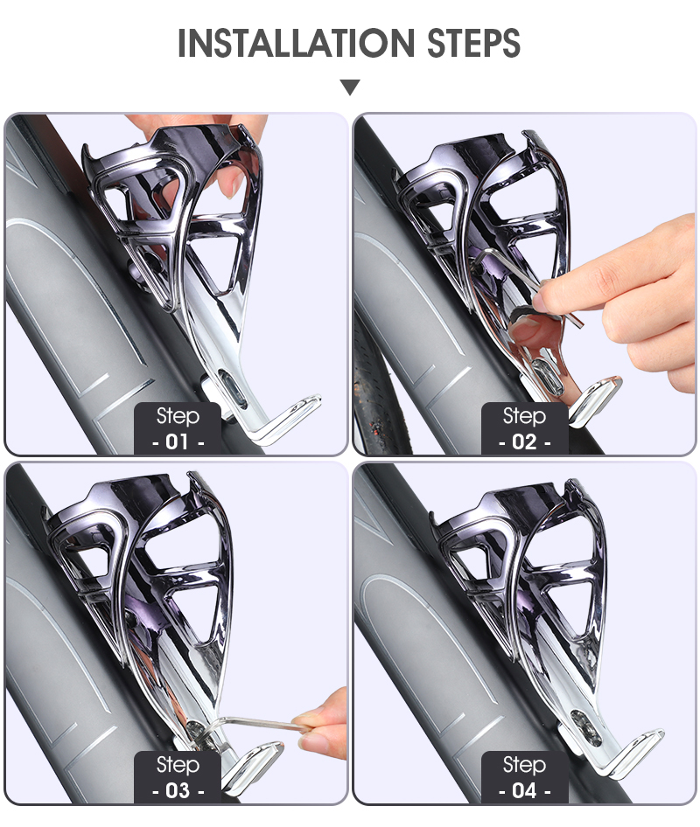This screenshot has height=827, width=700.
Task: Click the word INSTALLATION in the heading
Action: [296, 43]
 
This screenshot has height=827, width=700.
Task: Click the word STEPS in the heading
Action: [473, 43]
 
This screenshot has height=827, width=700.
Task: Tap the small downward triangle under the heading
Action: [350, 87]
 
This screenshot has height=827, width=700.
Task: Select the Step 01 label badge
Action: [178, 428]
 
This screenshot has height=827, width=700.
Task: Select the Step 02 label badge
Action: [525, 428]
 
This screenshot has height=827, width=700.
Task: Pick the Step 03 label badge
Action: [178, 777]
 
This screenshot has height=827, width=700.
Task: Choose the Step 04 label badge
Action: [525, 777]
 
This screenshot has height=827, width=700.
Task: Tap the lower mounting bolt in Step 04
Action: [586, 726]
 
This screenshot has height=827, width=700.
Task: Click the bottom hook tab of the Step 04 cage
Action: [631, 752]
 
